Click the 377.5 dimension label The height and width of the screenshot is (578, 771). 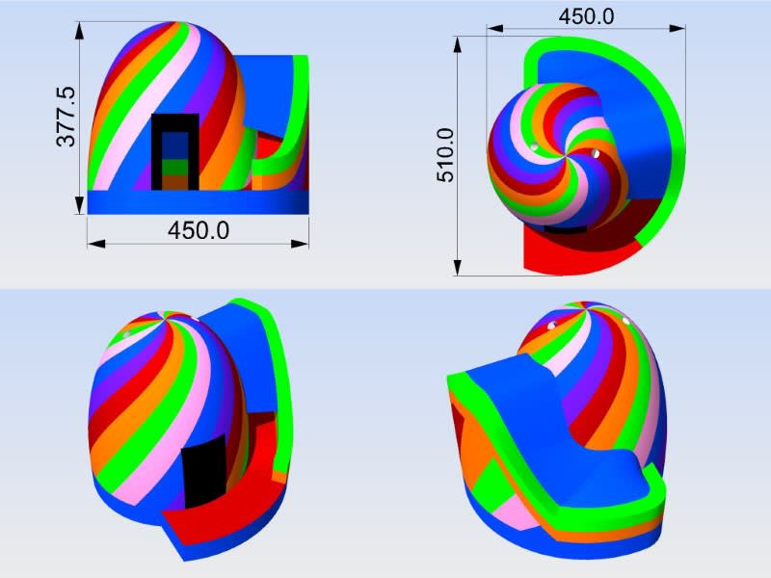66,117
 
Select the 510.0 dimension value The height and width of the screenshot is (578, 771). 445,155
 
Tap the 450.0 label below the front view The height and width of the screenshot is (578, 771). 199,230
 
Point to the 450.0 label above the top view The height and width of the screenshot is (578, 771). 586,16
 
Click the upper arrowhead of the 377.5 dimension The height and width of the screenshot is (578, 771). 80,31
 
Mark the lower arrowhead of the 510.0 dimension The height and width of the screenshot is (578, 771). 457,267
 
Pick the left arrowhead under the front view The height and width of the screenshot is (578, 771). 97,244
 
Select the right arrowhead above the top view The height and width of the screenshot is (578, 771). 677,29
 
